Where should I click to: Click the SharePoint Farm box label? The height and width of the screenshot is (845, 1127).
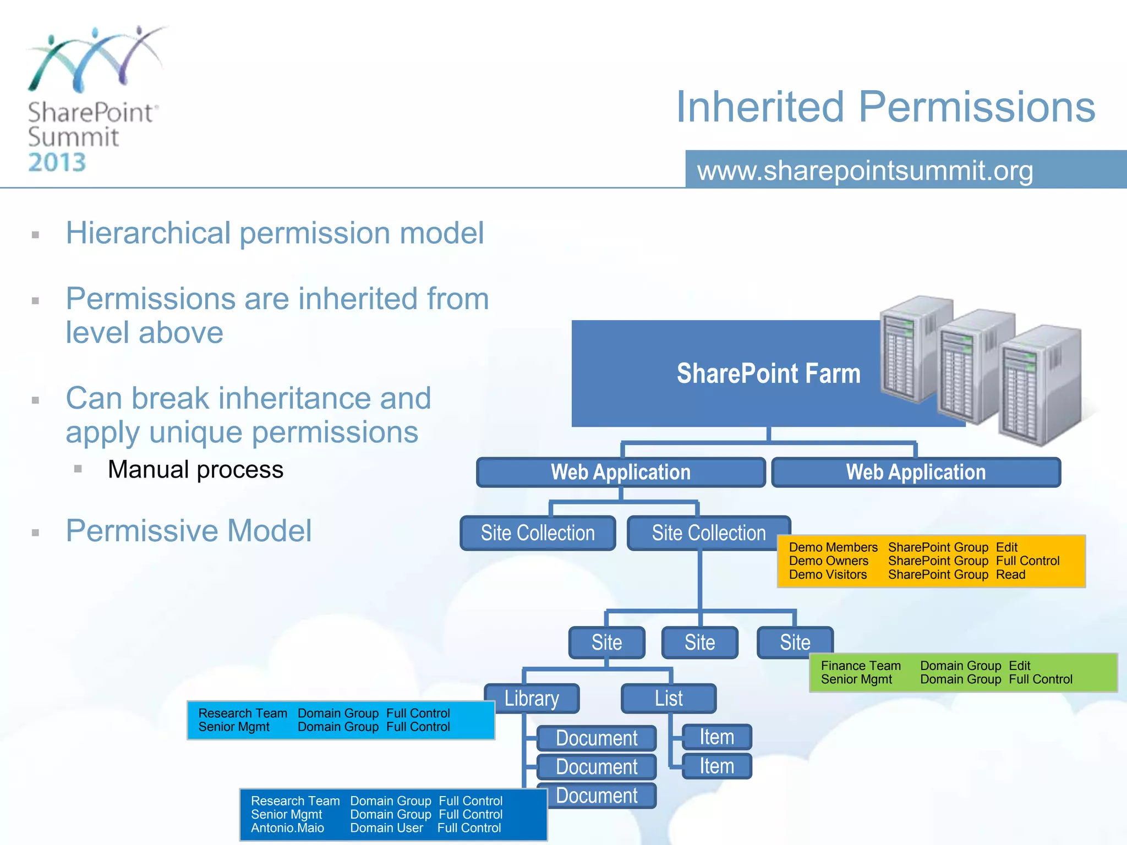click(768, 374)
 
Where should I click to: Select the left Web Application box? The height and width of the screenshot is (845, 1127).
click(621, 472)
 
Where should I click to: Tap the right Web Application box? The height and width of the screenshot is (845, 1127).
click(916, 472)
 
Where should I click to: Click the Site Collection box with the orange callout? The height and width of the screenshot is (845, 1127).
click(708, 533)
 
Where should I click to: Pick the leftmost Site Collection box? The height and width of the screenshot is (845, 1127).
click(538, 533)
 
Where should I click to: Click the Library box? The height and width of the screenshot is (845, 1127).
click(532, 698)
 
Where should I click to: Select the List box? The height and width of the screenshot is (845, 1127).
click(669, 698)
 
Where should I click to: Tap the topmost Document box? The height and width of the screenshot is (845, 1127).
click(597, 738)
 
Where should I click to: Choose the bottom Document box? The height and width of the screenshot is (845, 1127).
click(597, 795)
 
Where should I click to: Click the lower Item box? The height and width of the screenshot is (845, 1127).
click(716, 766)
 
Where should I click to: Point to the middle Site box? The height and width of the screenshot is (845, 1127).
click(699, 642)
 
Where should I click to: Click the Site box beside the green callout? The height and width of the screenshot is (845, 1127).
click(795, 642)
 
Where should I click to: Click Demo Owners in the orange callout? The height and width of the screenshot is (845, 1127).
click(828, 561)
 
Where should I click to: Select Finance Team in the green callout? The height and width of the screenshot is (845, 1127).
click(861, 666)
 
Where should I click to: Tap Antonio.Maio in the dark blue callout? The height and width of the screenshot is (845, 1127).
click(287, 828)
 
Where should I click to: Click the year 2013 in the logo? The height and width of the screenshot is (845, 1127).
click(57, 162)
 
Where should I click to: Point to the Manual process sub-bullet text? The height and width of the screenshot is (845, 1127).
click(195, 469)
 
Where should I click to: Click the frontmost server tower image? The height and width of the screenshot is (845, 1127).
click(1039, 385)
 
